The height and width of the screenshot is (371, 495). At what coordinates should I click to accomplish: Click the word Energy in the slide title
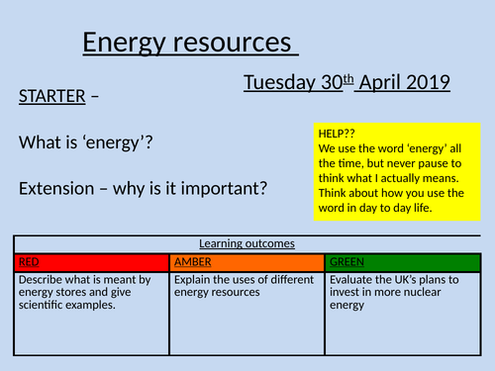point(117,43)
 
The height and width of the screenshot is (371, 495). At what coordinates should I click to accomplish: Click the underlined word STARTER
point(52,97)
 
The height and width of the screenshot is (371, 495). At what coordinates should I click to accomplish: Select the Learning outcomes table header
point(247,243)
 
